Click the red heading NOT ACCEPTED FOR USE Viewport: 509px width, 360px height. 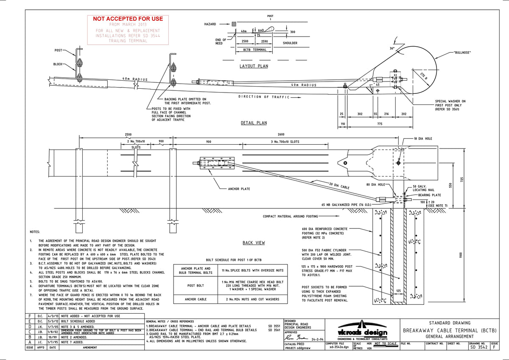point(128,19)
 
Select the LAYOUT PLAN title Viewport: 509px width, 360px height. point(254,66)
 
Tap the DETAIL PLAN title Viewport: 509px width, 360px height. point(254,123)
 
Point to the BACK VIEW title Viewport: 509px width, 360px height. point(254,243)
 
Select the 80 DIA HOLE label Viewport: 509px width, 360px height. point(375,184)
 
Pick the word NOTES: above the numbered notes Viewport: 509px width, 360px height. point(34,232)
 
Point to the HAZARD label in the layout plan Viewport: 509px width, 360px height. point(210,24)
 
